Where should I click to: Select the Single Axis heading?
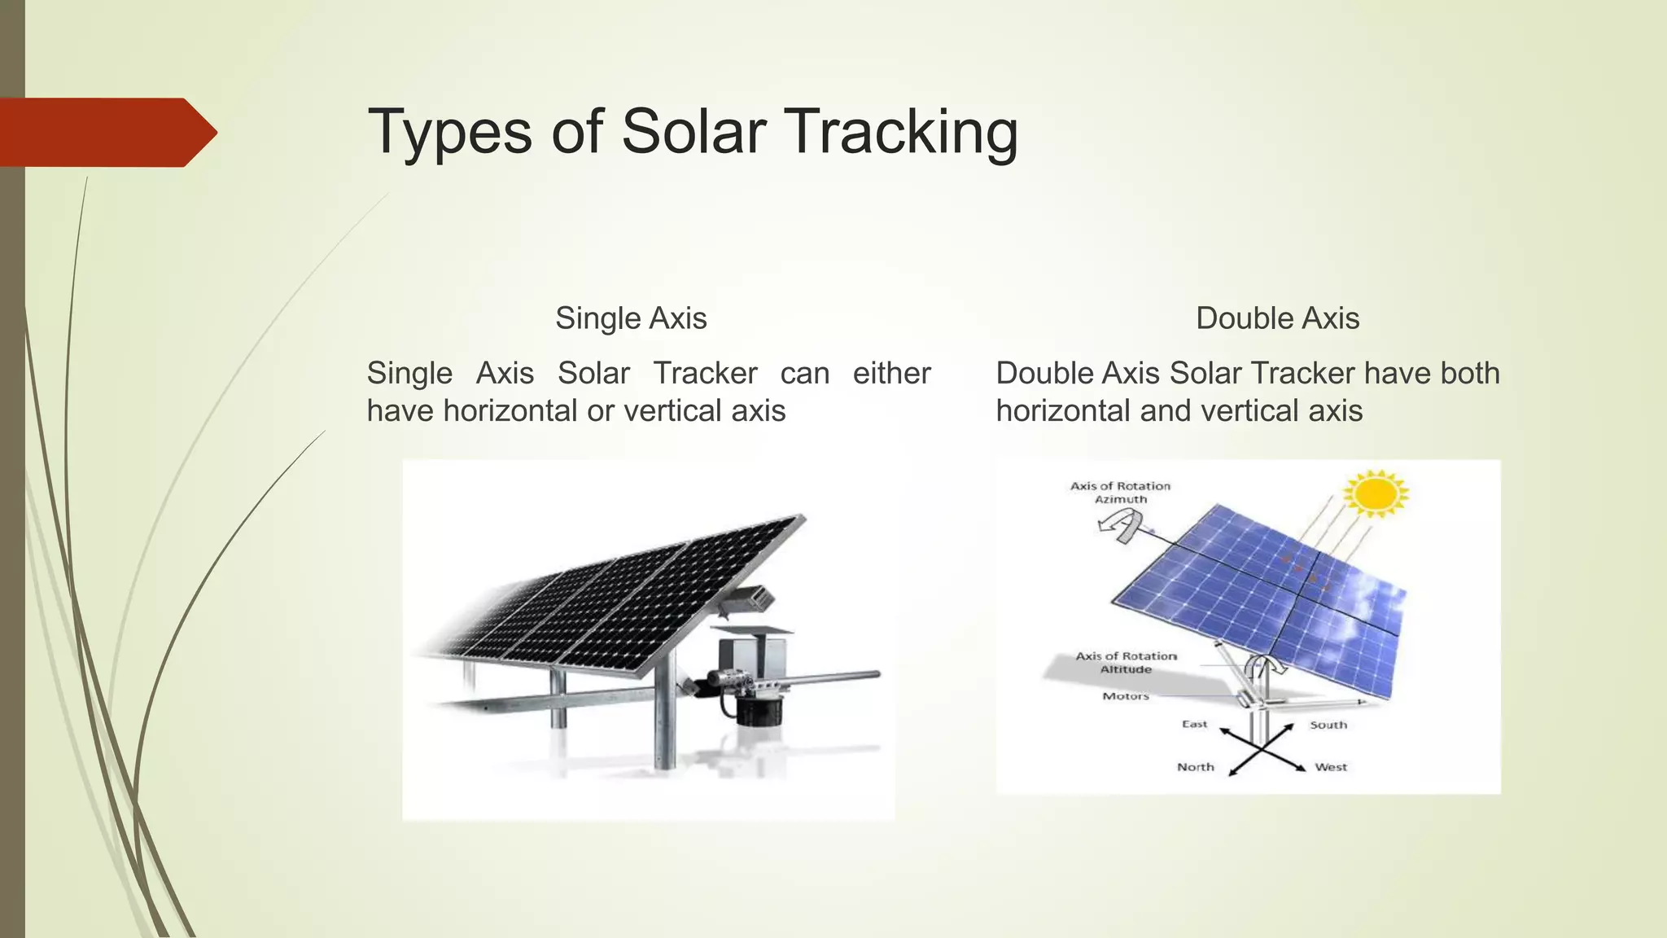[631, 318]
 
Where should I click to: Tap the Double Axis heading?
[1277, 318]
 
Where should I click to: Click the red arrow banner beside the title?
[106, 132]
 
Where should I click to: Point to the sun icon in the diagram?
[1376, 493]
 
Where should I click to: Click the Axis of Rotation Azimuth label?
[1120, 493]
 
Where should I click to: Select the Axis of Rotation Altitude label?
[1126, 662]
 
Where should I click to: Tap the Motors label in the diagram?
[1126, 696]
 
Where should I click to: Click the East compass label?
[1194, 724]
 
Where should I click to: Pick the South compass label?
[1328, 725]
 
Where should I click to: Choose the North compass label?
[1195, 767]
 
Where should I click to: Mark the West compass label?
[1331, 767]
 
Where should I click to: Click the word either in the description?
[891, 373]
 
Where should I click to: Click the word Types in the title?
[450, 132]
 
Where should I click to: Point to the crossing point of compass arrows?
[1261, 747]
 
